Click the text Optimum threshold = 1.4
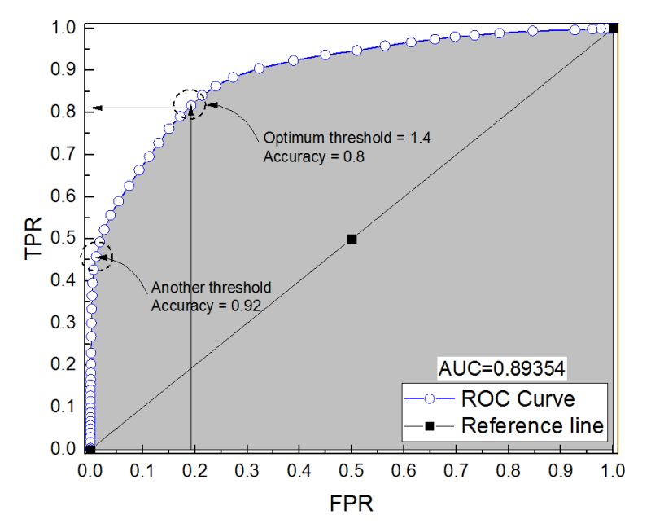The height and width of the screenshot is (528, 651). [347, 138]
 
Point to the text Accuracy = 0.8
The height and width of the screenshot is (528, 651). [312, 156]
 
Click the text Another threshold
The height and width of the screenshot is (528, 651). [211, 288]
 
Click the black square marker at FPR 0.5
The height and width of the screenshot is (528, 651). [352, 239]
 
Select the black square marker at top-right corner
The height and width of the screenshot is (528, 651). [613, 29]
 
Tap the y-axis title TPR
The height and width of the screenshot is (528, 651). [33, 238]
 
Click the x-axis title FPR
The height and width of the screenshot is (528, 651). [352, 503]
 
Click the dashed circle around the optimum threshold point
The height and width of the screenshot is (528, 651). [190, 104]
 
